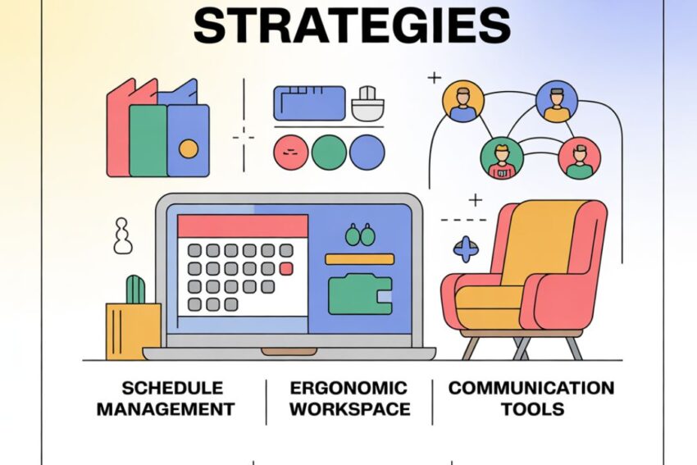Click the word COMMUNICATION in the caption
coord(531,388)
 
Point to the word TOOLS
coord(531,408)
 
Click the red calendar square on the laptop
coord(285,268)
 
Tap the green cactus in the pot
coord(135,289)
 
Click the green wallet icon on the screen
coord(359,294)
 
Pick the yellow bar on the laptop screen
coord(359,259)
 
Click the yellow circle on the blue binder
coord(189,148)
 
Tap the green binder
coord(148,140)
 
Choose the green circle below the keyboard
coord(329,153)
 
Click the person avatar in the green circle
coord(497,158)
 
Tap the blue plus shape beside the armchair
coord(466,248)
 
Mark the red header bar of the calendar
coord(243,226)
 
